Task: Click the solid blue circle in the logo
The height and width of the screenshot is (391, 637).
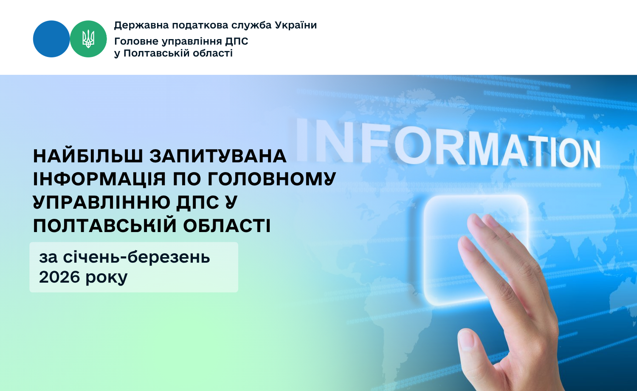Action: click(51, 39)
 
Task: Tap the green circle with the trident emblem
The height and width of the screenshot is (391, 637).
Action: click(88, 39)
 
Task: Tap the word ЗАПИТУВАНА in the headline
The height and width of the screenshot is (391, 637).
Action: click(218, 156)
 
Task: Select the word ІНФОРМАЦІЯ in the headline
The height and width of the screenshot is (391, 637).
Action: click(99, 179)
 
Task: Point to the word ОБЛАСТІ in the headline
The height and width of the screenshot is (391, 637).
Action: click(227, 226)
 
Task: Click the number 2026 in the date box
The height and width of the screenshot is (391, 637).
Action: click(59, 277)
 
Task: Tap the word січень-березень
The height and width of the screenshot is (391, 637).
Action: click(136, 257)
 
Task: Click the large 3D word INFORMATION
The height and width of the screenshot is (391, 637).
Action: click(448, 143)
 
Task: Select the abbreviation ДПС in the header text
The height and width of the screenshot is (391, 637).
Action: click(237, 42)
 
